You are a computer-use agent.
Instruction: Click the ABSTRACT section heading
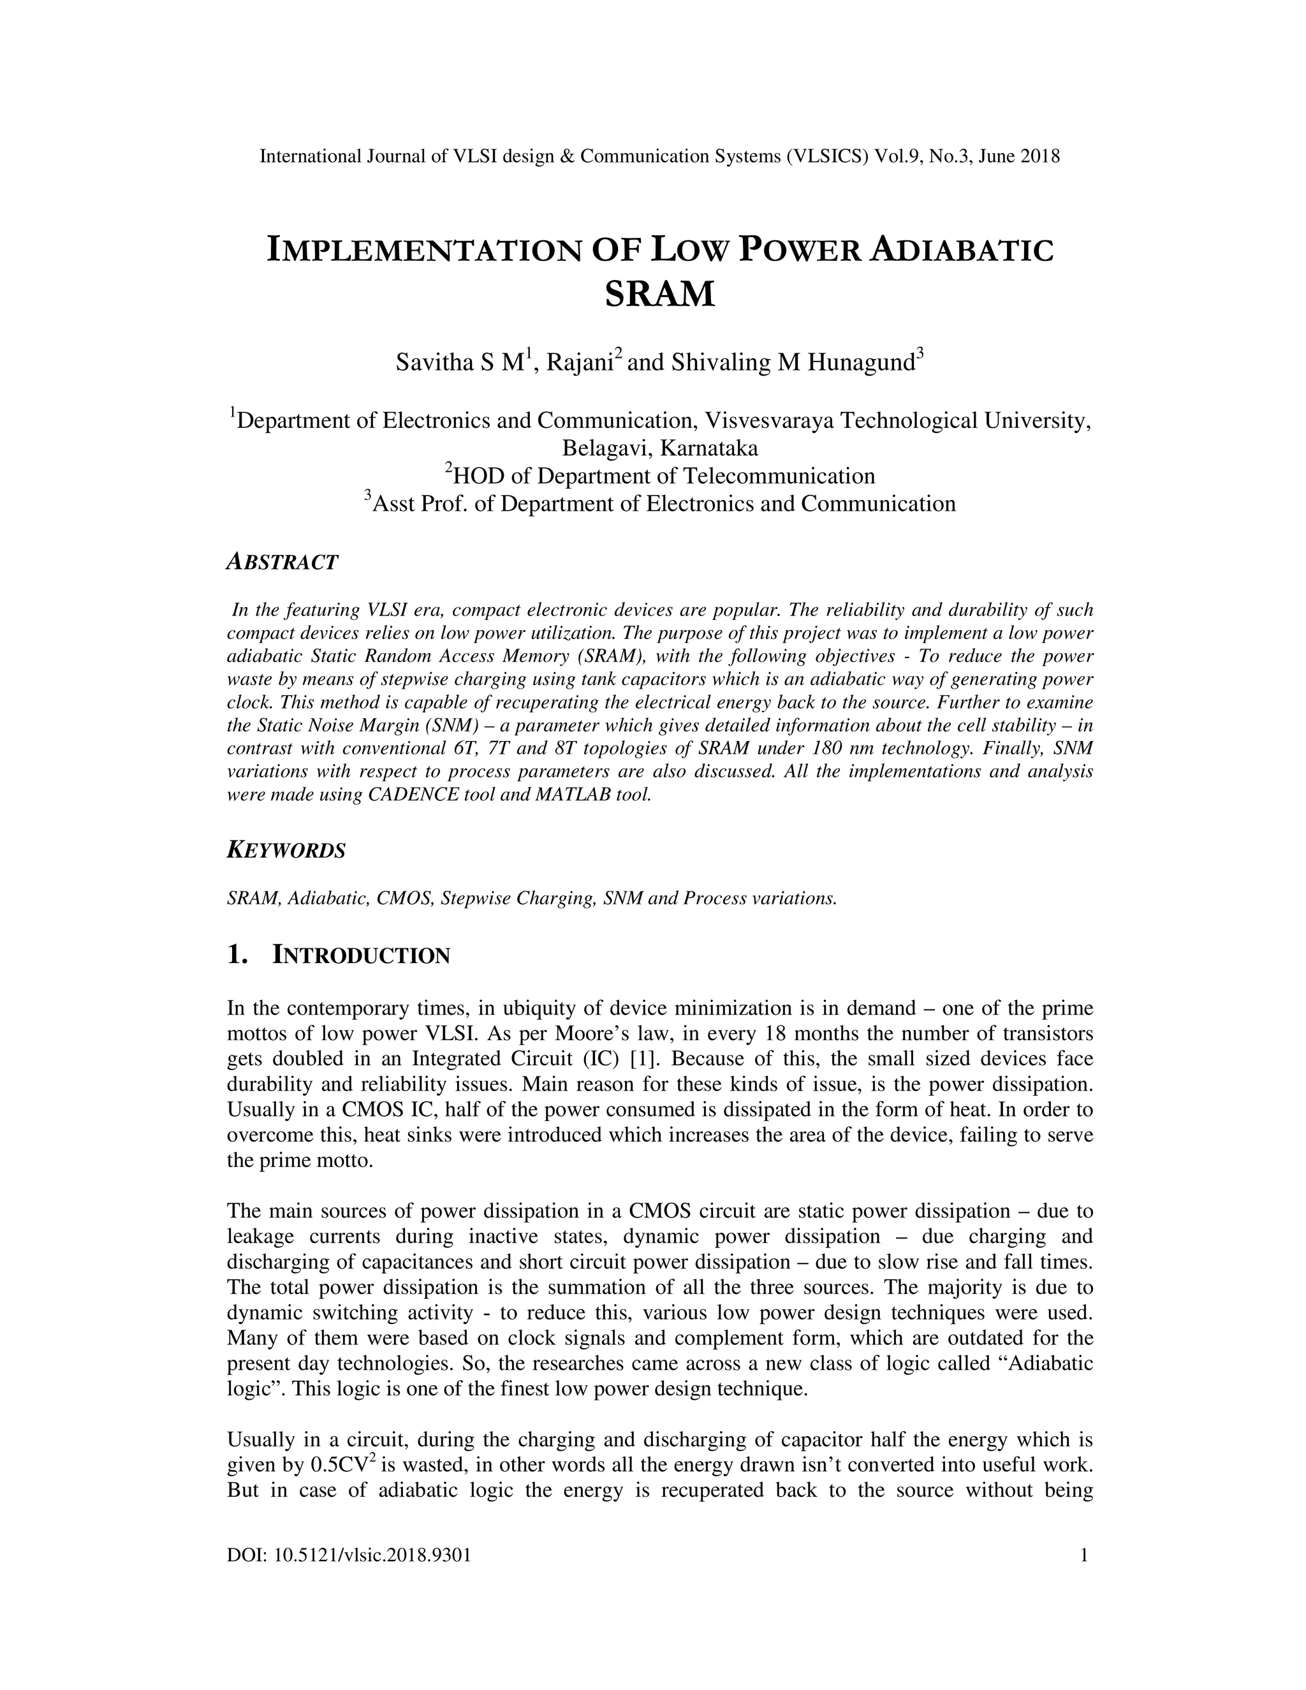pyautogui.click(x=282, y=562)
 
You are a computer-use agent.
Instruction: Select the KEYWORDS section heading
pyautogui.click(x=286, y=850)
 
